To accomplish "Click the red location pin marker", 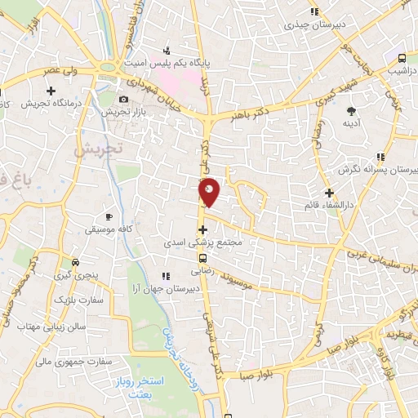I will [x=210, y=192].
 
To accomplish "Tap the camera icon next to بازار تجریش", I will [x=123, y=99].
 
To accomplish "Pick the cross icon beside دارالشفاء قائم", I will [x=329, y=193].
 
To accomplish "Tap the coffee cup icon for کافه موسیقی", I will [x=109, y=216].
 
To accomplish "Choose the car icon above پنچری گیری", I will [x=75, y=263].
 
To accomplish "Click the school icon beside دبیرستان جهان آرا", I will [x=166, y=275].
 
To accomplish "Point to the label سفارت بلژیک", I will [x=76, y=300].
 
